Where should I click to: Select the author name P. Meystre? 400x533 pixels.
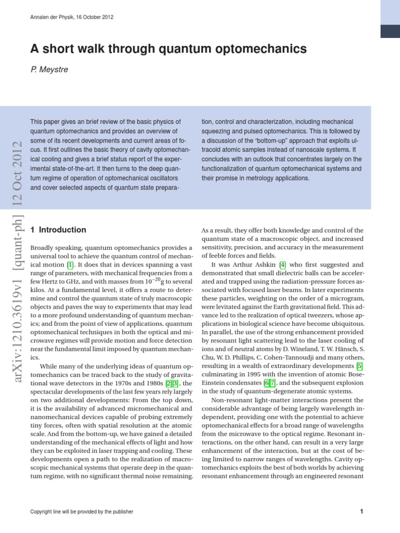coord(49,69)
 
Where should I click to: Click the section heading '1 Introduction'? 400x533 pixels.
coord(59,230)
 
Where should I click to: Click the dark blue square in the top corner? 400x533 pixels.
coord(390,31)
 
